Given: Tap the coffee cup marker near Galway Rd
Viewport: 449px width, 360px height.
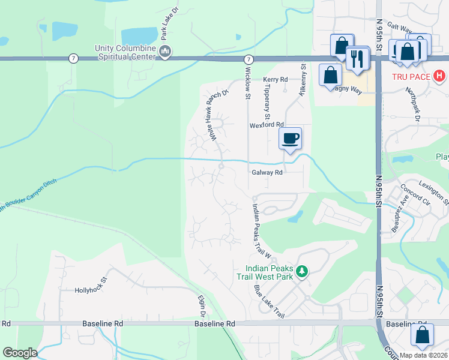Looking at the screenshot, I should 291,139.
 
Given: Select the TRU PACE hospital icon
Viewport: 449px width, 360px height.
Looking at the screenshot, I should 440,76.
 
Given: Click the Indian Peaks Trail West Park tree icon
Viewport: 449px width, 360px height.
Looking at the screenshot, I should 302,272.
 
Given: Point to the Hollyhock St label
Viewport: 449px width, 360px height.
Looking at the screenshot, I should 90,290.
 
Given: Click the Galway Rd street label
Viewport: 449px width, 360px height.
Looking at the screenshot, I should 267,172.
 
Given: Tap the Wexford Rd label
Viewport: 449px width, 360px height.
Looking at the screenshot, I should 266,125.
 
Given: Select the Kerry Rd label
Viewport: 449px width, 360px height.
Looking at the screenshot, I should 276,79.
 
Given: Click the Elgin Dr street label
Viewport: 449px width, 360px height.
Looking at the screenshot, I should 202,306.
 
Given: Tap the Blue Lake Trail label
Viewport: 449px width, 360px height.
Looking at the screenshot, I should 268,301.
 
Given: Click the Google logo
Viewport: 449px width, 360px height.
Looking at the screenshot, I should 20,353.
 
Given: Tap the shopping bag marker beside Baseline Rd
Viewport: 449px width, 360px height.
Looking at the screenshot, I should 422,337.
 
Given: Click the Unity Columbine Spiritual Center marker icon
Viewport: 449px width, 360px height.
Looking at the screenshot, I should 166,53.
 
